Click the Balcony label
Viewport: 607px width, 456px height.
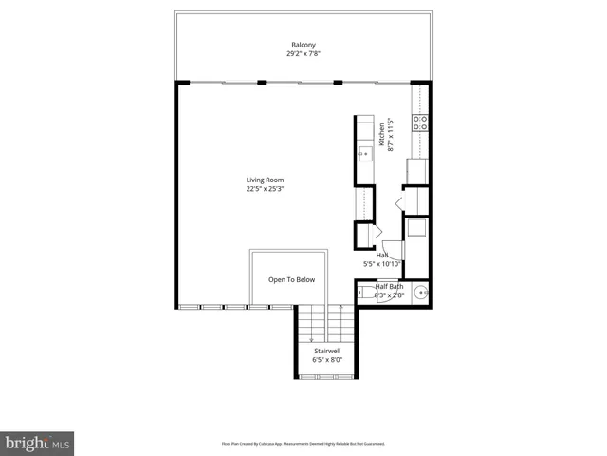click(303, 46)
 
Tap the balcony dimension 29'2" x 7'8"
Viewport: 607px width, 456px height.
click(303, 54)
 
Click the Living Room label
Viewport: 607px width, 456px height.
click(265, 180)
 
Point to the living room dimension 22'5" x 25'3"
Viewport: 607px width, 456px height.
click(265, 189)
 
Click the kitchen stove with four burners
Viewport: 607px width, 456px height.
click(419, 122)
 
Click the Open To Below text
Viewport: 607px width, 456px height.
click(291, 280)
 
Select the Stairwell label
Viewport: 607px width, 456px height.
click(327, 351)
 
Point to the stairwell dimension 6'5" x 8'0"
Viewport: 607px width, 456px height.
click(327, 360)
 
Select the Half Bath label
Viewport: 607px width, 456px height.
click(389, 287)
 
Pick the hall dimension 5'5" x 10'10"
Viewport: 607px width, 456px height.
click(383, 264)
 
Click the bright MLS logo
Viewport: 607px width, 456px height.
click(37, 443)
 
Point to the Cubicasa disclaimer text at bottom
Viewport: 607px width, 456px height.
click(303, 443)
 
